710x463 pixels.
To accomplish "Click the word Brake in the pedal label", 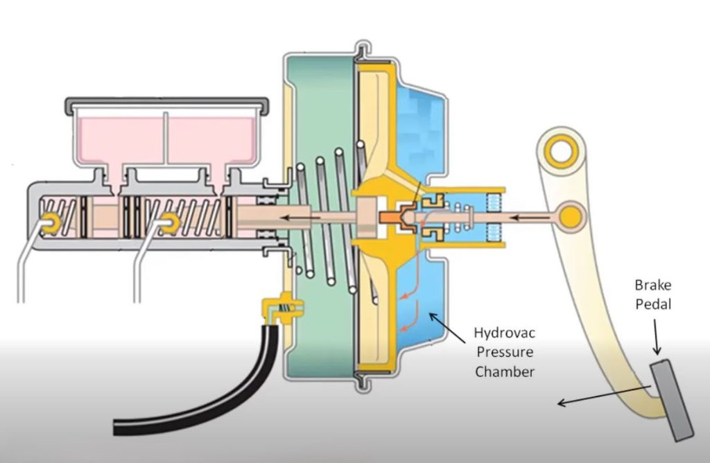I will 652,285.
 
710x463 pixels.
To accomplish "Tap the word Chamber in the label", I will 504,372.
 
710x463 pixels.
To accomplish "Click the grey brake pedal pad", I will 672,400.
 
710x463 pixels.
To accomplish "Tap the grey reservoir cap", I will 166,104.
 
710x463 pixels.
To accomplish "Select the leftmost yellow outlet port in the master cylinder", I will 50,222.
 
